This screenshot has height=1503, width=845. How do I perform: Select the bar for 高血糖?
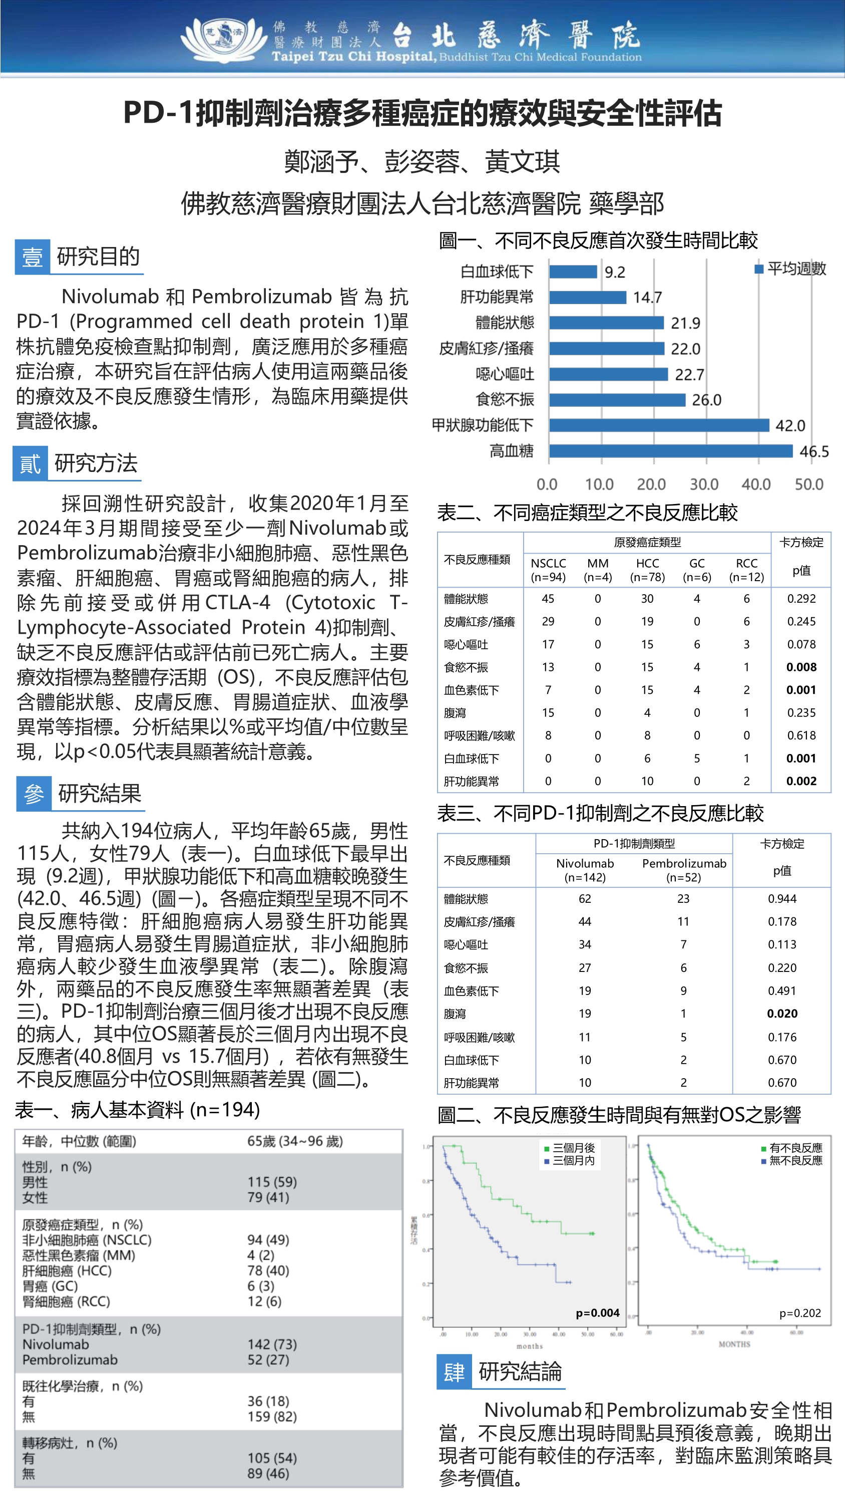[x=670, y=451]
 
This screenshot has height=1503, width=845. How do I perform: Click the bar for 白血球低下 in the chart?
[x=573, y=272]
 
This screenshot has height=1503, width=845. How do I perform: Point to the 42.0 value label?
[x=790, y=425]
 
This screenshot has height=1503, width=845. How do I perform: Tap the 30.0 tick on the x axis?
[x=704, y=484]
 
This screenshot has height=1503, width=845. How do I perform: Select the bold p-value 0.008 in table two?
[x=801, y=667]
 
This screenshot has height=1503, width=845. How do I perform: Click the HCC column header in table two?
[x=647, y=570]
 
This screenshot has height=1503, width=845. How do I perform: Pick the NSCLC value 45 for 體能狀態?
[x=548, y=599]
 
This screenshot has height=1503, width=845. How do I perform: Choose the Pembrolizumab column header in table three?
[x=684, y=870]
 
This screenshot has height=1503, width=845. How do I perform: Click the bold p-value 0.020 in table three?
[x=782, y=1014]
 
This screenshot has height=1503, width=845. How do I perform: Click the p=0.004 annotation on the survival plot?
[x=598, y=1313]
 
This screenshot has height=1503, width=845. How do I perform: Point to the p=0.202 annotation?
[x=800, y=1313]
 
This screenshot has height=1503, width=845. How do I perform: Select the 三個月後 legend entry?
[x=573, y=1148]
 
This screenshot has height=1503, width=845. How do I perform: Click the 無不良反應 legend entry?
[x=795, y=1160]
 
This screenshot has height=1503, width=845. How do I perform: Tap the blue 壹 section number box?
[x=32, y=257]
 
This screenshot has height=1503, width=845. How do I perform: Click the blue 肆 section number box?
[x=454, y=1372]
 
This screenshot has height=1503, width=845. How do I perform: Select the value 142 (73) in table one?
[x=272, y=1344]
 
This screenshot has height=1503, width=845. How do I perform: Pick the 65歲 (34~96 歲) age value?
[x=295, y=1141]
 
